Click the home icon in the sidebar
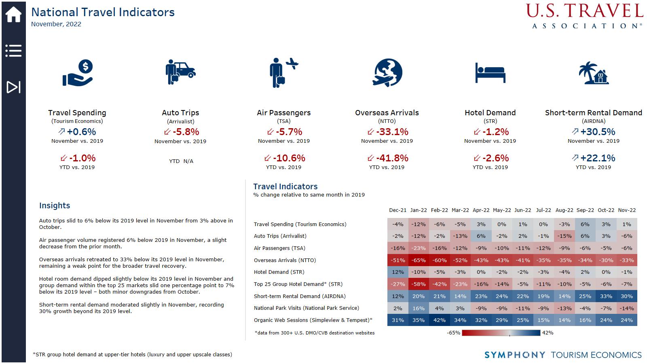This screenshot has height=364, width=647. (13, 15)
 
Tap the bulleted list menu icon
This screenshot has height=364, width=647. (13, 51)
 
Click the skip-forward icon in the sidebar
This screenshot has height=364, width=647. (13, 87)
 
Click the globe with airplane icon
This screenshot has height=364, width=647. (387, 73)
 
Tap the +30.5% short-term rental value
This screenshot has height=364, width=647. (598, 132)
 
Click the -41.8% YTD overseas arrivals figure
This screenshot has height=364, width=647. (391, 158)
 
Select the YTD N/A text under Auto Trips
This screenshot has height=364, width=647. (181, 161)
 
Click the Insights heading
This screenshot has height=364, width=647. (55, 205)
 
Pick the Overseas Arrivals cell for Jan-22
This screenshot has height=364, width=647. (419, 260)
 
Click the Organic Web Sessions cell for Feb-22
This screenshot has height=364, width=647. (440, 320)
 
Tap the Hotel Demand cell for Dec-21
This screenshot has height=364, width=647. (398, 272)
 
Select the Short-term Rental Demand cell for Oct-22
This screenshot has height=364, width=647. (606, 296)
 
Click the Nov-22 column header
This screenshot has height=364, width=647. (627, 210)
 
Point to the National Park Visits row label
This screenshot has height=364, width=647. (306, 308)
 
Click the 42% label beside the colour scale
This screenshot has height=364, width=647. (548, 333)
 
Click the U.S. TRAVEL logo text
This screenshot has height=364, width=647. (585, 11)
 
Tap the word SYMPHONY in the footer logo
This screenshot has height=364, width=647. (515, 355)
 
